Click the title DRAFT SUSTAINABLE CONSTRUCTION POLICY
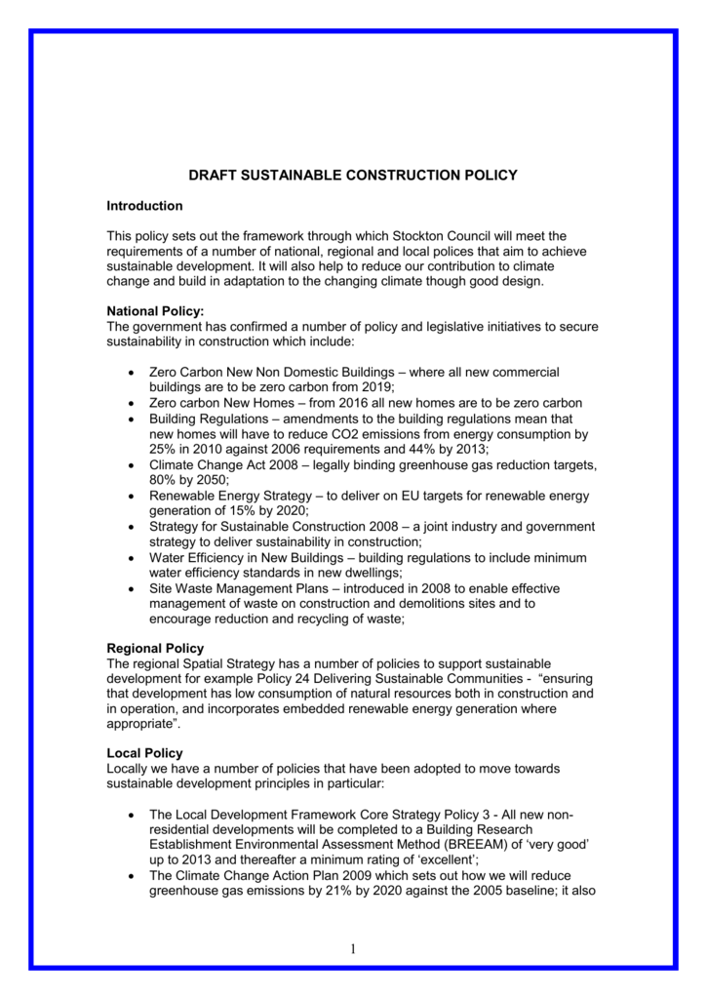[x=353, y=176]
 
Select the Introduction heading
[x=144, y=207]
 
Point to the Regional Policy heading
[x=155, y=649]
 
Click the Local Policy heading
[x=144, y=754]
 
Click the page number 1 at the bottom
[x=353, y=949]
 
